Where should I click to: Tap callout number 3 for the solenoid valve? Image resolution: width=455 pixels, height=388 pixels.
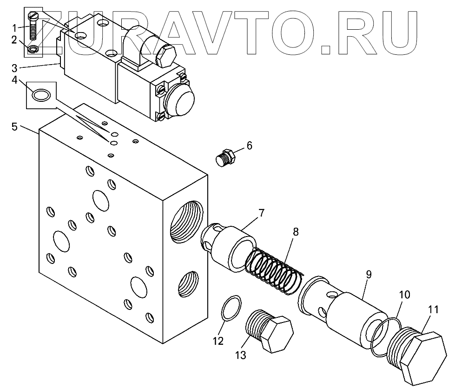(15, 67)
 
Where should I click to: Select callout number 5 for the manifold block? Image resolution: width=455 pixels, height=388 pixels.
(15, 126)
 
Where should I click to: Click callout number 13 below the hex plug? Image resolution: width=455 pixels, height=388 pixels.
(241, 355)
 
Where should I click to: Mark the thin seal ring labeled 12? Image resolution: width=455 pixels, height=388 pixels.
(231, 307)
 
